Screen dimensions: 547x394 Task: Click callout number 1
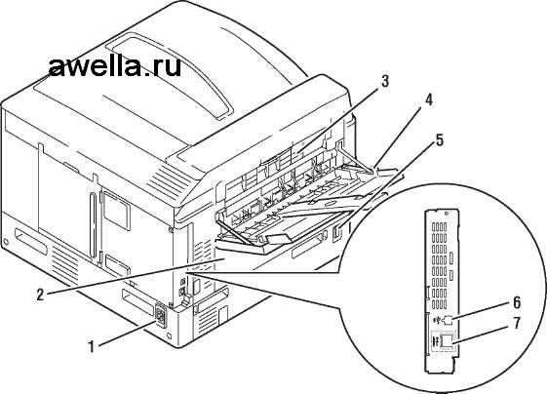point(92,346)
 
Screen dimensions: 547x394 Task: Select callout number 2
point(41,295)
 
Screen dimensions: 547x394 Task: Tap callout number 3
point(384,81)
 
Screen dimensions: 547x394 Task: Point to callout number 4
point(428,100)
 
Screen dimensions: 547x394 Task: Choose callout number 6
point(517,302)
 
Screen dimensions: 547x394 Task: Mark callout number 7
point(517,323)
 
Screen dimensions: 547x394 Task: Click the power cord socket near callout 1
point(160,316)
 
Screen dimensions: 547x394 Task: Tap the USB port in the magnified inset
point(448,319)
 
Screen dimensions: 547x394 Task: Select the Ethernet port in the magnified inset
point(447,340)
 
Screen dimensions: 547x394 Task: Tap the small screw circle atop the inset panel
point(447,213)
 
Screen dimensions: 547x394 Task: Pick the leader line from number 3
point(339,120)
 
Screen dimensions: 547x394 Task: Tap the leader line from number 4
point(400,137)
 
